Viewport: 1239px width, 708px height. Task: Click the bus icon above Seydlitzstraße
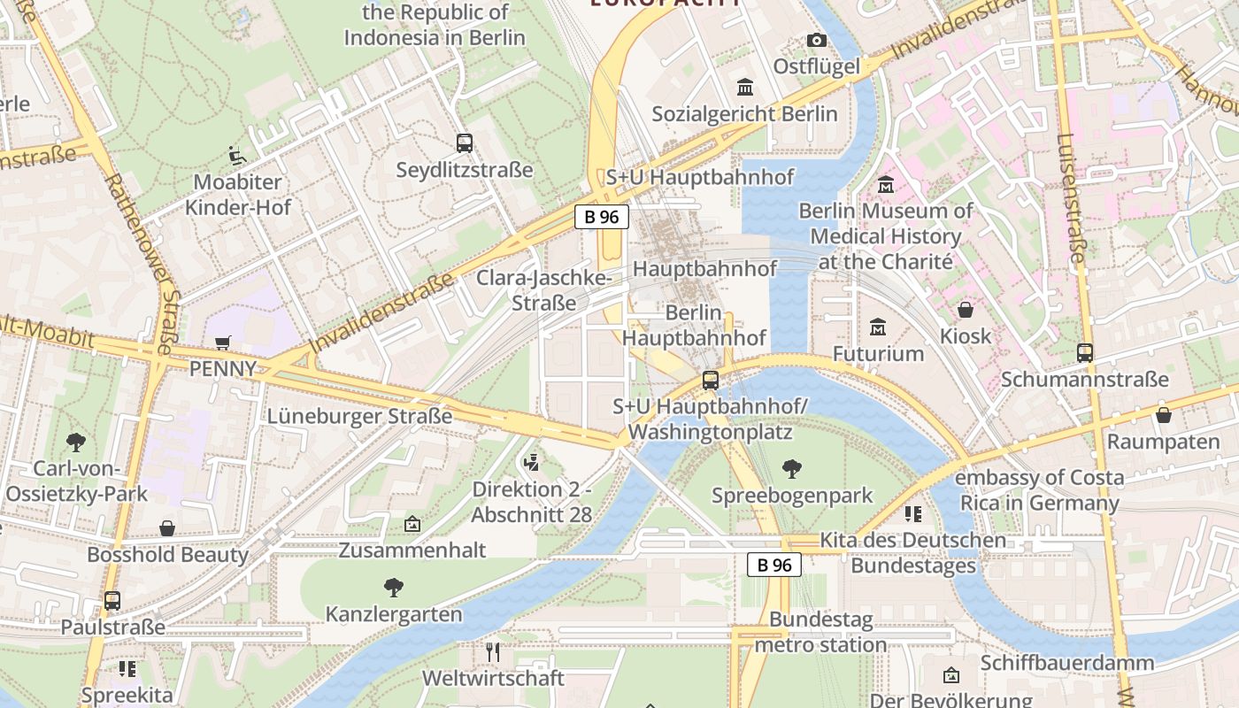tap(465, 142)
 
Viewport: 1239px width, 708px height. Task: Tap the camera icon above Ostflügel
tap(816, 40)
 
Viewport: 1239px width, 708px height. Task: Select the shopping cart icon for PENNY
tap(223, 342)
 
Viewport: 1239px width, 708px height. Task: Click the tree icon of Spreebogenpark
tap(792, 469)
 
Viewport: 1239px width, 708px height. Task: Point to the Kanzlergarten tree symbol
tap(394, 587)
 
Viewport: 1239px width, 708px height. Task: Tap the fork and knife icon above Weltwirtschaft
tap(493, 652)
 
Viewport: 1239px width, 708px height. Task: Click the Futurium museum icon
tap(878, 327)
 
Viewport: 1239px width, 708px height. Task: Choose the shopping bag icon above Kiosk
tap(966, 310)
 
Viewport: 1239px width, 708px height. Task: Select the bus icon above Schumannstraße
tap(1085, 352)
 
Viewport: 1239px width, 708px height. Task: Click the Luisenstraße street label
tap(1070, 199)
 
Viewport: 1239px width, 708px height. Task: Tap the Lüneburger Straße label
tap(359, 416)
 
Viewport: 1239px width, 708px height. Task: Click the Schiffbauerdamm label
tap(1066, 663)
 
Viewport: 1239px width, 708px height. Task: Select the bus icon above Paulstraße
tap(112, 600)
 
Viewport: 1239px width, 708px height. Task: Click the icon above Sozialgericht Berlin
tap(745, 87)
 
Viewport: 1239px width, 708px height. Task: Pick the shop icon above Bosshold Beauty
tap(167, 528)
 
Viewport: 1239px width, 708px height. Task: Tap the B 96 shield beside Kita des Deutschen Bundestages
tap(774, 565)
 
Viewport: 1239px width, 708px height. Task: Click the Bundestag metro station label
tap(820, 632)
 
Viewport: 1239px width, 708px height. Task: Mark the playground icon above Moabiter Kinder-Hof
tap(236, 156)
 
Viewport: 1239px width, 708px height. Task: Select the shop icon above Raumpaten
tap(1164, 414)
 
